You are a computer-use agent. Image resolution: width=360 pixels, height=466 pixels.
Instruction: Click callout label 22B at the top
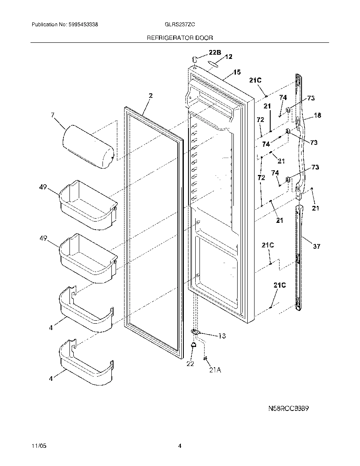point(215,53)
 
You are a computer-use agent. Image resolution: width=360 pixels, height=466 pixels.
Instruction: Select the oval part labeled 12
point(214,64)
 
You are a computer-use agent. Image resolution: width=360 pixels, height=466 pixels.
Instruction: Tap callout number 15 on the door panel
point(237,72)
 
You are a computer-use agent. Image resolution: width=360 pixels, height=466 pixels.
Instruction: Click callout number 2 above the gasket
point(150,96)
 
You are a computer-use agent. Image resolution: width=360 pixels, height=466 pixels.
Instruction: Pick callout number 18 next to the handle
point(318,115)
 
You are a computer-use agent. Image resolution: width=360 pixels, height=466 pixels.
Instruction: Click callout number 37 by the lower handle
point(316,247)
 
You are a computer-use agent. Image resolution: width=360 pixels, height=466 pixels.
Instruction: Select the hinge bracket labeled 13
point(196,332)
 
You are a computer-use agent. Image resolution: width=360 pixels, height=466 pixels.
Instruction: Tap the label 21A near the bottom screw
point(215,370)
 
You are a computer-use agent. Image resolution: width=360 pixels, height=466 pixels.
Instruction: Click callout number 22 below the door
point(190,363)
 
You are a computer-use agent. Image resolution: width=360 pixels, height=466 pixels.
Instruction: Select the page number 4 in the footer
point(180,446)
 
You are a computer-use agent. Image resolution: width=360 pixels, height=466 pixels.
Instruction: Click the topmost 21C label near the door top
point(255,80)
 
